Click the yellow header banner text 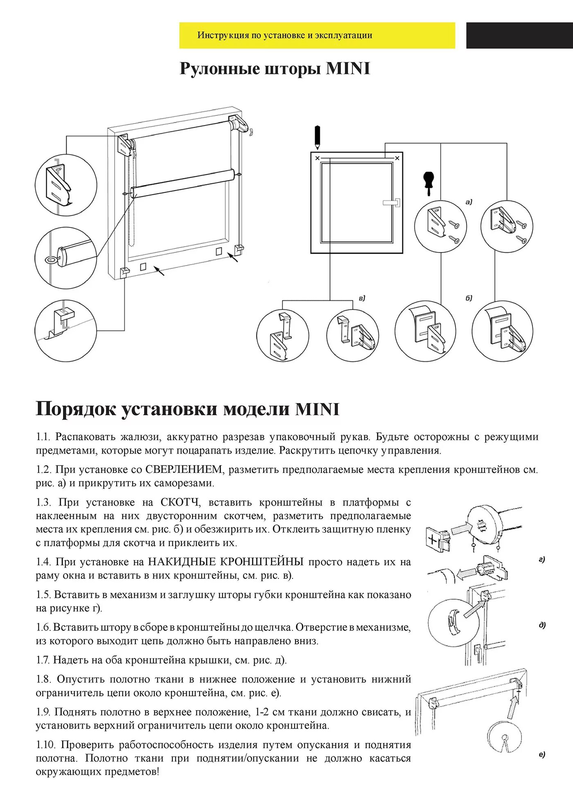[x=285, y=35]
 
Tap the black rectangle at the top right [x=519, y=35]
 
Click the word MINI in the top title [x=348, y=69]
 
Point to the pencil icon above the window [x=317, y=137]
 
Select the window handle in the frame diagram [x=392, y=202]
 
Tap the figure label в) [x=362, y=298]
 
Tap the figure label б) [x=469, y=298]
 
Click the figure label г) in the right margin [x=542, y=559]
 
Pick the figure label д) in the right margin [x=542, y=625]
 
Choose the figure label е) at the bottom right [x=542, y=754]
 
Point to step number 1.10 [x=46, y=745]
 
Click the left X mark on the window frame [x=318, y=158]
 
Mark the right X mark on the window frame [x=397, y=158]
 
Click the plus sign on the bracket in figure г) [x=433, y=540]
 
